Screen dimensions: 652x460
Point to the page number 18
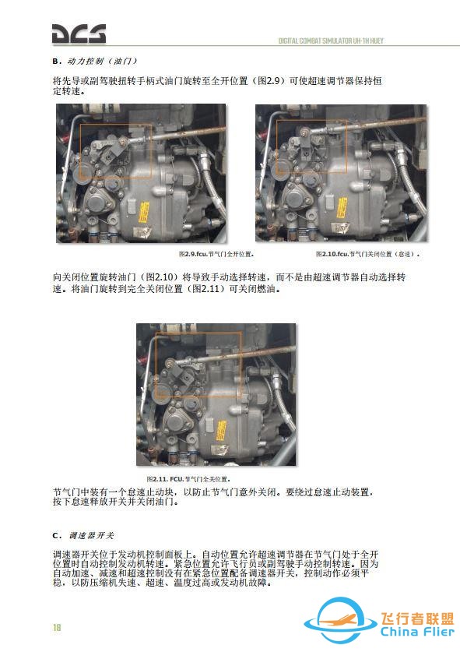[57, 628]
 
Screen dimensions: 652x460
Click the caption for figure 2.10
[367, 254]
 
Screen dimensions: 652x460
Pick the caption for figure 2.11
[189, 478]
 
